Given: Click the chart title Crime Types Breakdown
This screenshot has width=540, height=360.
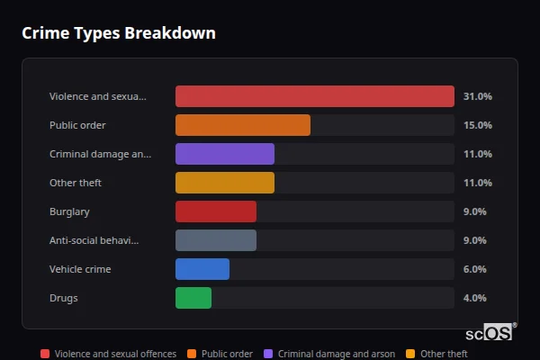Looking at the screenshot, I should [118, 33].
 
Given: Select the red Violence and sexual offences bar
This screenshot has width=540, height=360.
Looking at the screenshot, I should [314, 96].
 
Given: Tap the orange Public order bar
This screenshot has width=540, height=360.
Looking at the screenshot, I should [242, 125].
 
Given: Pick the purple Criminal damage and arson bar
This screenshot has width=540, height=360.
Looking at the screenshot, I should [224, 154].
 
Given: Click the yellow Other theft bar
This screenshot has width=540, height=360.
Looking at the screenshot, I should [224, 183].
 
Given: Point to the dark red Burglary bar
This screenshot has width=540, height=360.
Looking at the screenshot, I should [215, 211].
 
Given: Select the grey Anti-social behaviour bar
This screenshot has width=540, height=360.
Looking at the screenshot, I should [215, 240].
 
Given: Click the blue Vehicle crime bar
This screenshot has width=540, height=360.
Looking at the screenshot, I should [202, 269].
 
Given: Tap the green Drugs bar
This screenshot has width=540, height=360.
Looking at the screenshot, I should [193, 298].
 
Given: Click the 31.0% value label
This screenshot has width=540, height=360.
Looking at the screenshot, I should [477, 96].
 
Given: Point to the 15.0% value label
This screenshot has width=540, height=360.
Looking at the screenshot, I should [477, 125].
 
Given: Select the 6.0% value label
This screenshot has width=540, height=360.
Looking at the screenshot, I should [474, 269].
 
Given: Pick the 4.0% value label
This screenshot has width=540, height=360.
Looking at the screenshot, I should [474, 298].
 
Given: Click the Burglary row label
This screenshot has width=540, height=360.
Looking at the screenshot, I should [70, 211].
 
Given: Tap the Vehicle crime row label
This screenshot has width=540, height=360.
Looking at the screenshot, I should [80, 269].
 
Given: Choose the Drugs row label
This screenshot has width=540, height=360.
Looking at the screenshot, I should [63, 298].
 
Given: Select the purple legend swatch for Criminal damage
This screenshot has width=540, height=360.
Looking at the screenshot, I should [268, 354].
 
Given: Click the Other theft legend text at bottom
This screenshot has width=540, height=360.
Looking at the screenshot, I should [444, 354].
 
